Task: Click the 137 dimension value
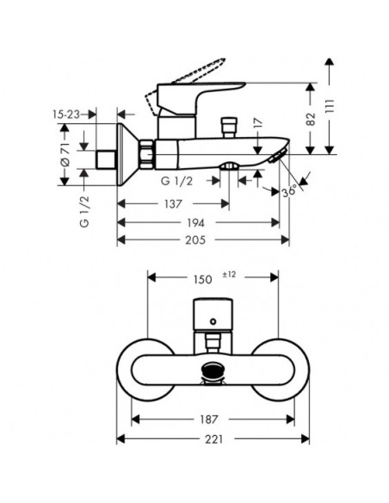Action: (173, 204)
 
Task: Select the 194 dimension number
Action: (195, 222)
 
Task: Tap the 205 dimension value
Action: (195, 240)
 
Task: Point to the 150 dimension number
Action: (202, 279)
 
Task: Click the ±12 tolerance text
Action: (230, 275)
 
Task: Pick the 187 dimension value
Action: (208, 419)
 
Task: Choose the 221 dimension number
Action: (213, 439)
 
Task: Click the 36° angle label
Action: (289, 191)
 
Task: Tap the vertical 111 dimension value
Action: (330, 106)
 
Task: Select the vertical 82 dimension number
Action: (311, 119)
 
